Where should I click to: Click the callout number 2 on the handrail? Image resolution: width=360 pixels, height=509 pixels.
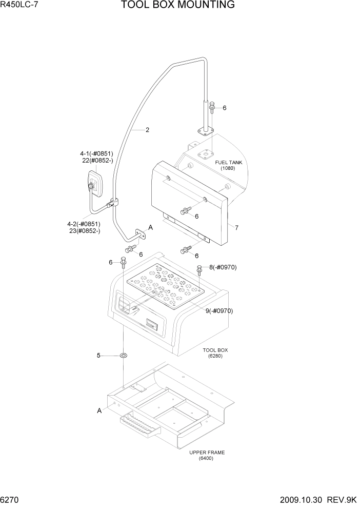[147, 130]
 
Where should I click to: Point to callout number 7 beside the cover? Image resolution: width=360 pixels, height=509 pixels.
[236, 227]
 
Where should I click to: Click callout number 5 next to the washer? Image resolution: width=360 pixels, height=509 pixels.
[99, 355]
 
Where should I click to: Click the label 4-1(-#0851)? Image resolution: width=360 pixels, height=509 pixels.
[96, 153]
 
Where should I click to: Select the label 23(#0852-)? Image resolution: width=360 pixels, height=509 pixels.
[84, 231]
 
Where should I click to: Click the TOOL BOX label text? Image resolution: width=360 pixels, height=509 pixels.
[215, 350]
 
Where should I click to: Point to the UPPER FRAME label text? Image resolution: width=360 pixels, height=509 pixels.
[207, 453]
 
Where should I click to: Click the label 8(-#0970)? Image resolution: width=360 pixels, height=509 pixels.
[223, 267]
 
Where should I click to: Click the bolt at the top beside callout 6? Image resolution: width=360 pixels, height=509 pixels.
[212, 107]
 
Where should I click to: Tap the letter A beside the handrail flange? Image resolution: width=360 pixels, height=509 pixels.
[151, 227]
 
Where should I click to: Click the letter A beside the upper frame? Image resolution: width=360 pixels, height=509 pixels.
[99, 410]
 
